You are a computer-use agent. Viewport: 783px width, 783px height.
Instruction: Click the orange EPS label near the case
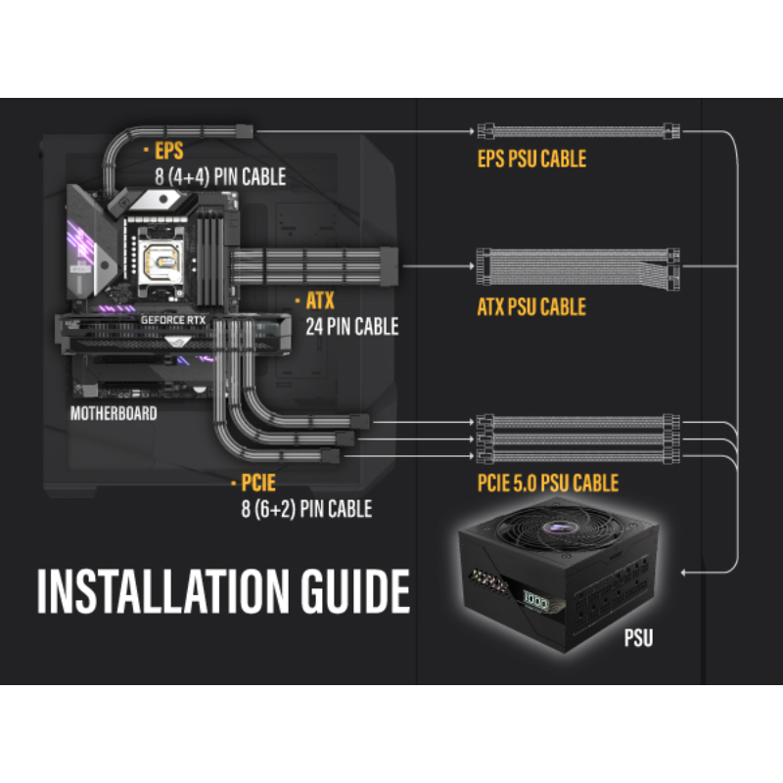[x=168, y=152]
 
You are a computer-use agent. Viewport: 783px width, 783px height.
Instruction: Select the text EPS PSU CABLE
[x=531, y=158]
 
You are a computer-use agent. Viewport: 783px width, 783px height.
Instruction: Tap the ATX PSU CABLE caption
[x=531, y=307]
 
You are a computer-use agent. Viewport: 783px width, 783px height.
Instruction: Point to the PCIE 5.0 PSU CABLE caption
[x=548, y=483]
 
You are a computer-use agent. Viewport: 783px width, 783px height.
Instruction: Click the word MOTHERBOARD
[x=114, y=413]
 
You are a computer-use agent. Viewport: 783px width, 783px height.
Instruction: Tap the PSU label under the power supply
[x=638, y=641]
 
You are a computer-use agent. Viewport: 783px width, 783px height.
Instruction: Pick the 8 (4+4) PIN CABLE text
[x=220, y=177]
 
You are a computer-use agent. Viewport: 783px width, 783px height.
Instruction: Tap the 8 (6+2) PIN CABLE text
[x=306, y=509]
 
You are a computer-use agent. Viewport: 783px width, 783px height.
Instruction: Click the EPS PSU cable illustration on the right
[x=576, y=129]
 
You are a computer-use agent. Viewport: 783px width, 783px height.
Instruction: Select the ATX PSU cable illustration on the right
[x=576, y=265]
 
